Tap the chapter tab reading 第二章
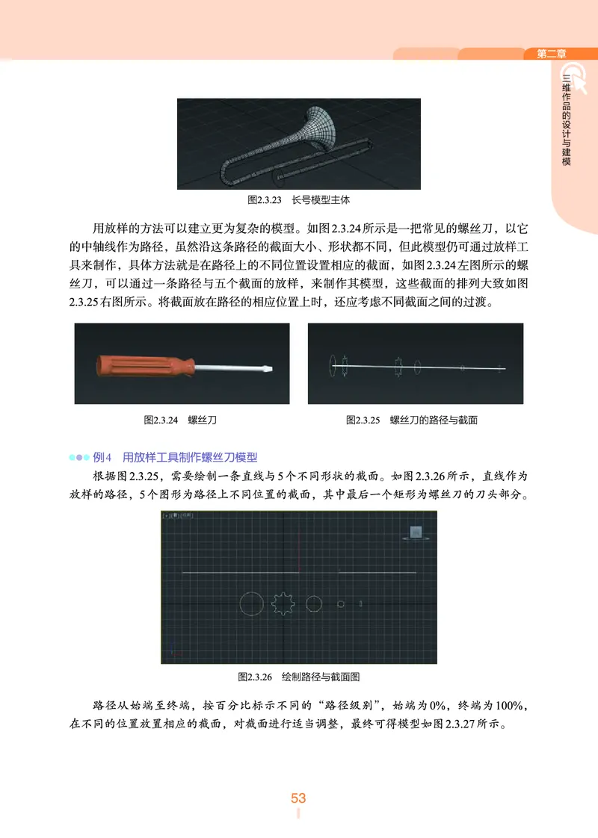pyautogui.click(x=551, y=54)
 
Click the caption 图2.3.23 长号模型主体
pyautogui.click(x=298, y=200)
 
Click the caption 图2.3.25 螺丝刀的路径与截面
pyautogui.click(x=412, y=420)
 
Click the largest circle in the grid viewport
pyautogui.click(x=251, y=604)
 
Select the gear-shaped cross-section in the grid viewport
pyautogui.click(x=283, y=603)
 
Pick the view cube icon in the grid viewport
pyautogui.click(x=416, y=533)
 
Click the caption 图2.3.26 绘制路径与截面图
pyautogui.click(x=298, y=677)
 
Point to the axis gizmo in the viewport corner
pyautogui.click(x=173, y=652)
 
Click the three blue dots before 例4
pyautogui.click(x=78, y=456)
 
